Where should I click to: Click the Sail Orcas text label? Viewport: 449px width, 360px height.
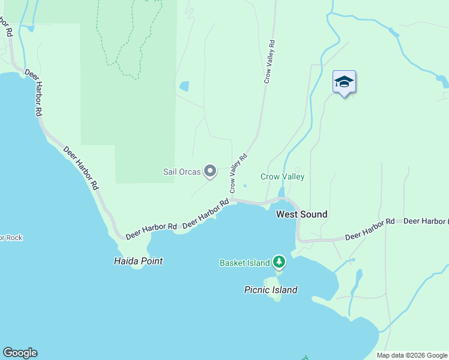pos(182,172)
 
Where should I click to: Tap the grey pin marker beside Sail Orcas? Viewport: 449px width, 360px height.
pos(210,172)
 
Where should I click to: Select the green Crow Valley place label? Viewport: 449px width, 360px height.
pos(282,176)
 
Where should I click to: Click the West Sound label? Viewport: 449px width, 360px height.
pos(301,214)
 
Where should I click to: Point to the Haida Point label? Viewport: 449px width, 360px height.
pos(138,261)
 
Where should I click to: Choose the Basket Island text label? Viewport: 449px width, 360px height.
pos(244,263)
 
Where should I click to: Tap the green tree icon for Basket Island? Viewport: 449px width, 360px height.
pos(279,262)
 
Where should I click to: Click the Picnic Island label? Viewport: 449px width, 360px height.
pos(270,290)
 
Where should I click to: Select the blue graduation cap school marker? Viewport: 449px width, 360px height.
pos(344,82)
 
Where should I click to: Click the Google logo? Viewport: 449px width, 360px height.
pos(20,353)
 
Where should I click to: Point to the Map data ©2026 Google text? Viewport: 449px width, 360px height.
pos(411,355)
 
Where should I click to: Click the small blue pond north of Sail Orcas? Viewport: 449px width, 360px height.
pos(184,86)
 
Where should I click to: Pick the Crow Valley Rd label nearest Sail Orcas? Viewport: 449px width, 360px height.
pos(237,174)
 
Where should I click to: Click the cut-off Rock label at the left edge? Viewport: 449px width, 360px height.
pos(10,238)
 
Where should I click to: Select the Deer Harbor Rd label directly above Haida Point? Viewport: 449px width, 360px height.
pos(151,227)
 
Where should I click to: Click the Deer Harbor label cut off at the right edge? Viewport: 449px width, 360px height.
pos(426,221)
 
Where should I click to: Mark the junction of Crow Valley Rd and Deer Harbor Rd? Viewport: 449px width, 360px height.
pos(232,199)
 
